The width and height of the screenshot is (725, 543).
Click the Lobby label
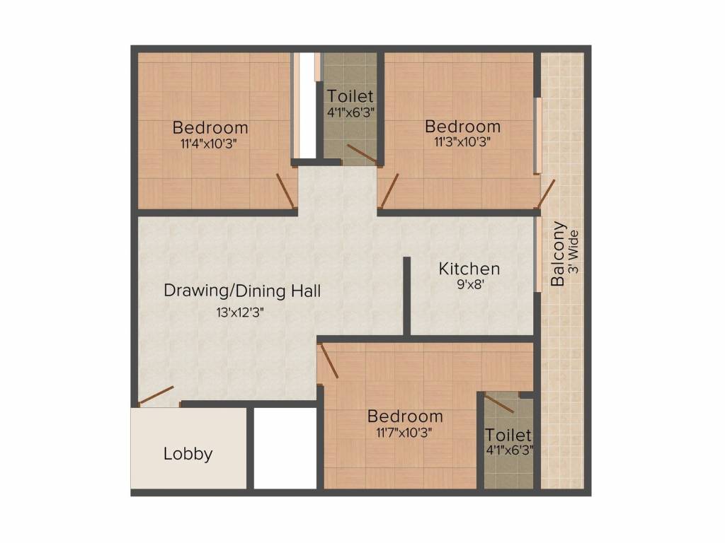188,454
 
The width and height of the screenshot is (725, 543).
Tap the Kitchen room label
469,269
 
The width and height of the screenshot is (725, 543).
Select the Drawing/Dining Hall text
242,291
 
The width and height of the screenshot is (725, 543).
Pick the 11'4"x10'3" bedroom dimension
210,141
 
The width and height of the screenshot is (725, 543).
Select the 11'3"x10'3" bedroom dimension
462,141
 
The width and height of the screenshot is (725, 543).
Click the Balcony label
559,254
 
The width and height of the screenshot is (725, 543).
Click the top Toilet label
350,96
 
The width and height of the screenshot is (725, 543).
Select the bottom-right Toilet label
508,434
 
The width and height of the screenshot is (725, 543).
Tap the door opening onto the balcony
546,194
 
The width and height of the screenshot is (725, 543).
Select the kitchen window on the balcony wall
537,255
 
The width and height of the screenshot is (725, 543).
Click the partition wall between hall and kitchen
407,296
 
